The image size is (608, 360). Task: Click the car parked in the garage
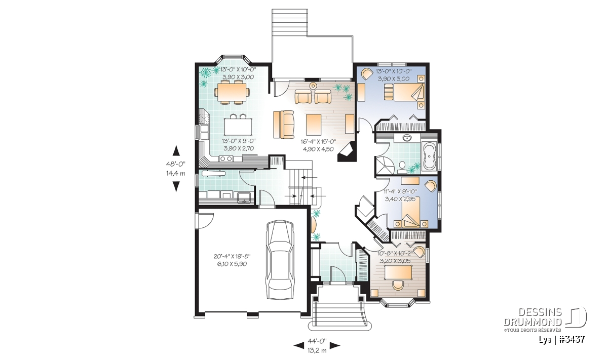coord(280,260)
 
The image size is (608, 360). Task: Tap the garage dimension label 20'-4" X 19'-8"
coord(232,256)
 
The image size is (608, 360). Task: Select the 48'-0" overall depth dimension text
coord(176,164)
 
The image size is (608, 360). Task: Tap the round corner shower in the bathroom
coord(384,164)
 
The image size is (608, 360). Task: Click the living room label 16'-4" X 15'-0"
coord(318,141)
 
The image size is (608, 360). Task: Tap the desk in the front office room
coord(398,272)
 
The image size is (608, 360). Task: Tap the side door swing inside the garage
coord(206,221)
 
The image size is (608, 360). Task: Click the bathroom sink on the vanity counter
coord(406,138)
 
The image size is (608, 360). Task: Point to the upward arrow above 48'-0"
coord(176,150)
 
